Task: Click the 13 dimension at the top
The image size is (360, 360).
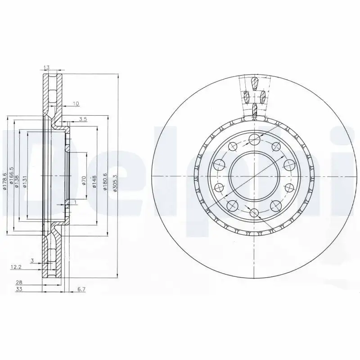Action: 46,67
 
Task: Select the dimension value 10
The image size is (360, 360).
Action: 76,104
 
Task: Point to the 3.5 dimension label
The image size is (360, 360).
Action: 82,119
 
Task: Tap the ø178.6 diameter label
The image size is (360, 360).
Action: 5,181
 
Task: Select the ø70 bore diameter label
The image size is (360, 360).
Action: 84,181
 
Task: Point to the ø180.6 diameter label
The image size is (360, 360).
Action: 106,181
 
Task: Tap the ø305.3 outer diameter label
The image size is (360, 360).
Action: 116,184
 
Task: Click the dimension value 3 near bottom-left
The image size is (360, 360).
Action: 32,260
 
